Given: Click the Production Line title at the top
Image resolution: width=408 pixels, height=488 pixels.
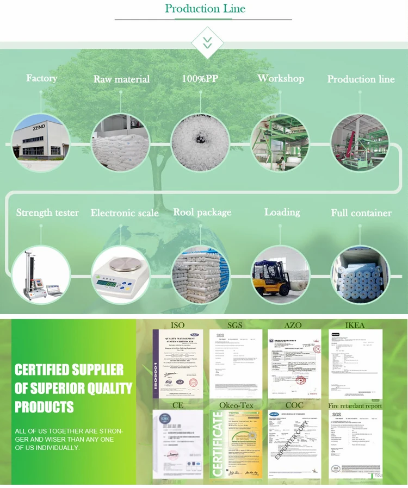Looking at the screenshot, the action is [x=205, y=9].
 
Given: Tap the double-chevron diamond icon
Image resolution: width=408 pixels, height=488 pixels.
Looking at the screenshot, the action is [x=207, y=43].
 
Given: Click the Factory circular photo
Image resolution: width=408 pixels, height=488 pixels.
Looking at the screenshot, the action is [x=41, y=142].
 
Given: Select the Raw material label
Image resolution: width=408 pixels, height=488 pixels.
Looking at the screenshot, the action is [x=121, y=79].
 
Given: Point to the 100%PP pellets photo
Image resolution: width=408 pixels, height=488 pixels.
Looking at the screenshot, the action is [x=200, y=142].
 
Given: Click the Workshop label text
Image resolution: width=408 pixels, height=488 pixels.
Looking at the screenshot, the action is [x=281, y=78].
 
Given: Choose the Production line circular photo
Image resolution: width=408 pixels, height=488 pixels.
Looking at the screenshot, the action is [x=360, y=142].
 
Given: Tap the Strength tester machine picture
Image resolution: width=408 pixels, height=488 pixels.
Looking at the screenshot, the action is [x=41, y=275].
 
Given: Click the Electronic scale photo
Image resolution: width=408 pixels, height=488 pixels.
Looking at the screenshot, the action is [x=120, y=275].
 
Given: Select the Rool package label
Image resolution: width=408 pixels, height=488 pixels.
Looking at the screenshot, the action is [x=202, y=212].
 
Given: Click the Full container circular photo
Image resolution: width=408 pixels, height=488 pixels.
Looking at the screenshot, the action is [x=360, y=275].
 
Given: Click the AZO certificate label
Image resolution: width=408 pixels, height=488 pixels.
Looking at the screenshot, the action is [x=294, y=325].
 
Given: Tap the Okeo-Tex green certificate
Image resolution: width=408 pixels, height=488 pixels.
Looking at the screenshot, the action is [x=236, y=445].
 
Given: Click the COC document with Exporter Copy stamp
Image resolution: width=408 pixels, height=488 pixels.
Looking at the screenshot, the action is [x=294, y=445].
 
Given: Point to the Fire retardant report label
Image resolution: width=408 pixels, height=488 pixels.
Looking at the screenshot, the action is [x=355, y=406].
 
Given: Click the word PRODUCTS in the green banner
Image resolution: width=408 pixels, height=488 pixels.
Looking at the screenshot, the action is [x=44, y=406].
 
